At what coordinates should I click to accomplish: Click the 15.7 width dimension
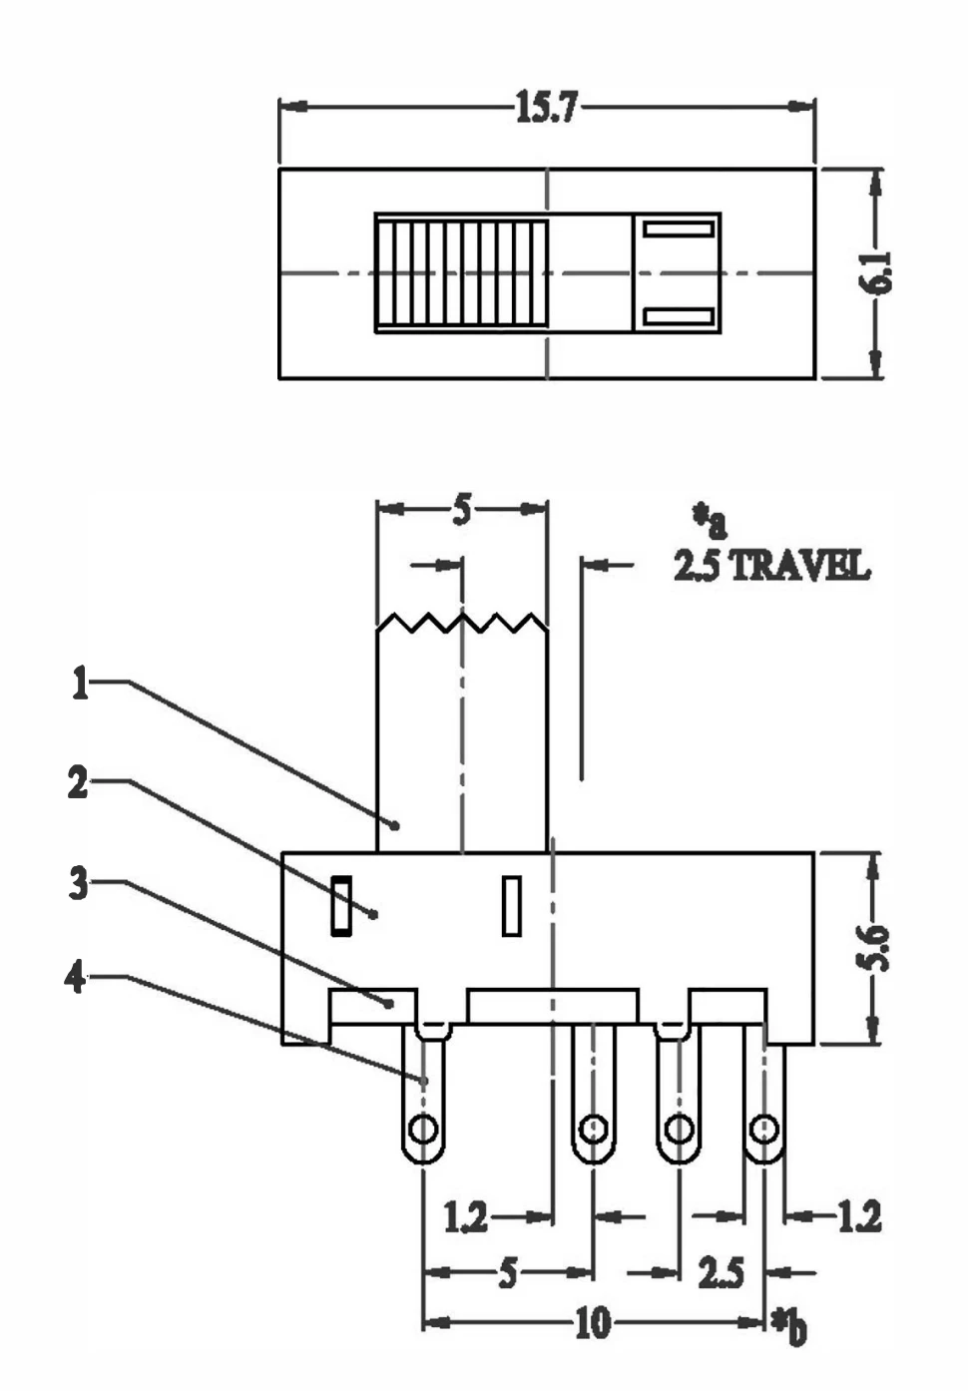coord(546,107)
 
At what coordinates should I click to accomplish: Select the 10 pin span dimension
coord(592,1323)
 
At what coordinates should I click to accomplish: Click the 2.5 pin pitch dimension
coord(721,1273)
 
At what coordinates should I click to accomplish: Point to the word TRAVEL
coord(800,567)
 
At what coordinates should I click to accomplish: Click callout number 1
coord(80,684)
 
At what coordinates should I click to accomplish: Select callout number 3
coord(78,883)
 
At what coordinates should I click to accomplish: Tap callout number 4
coord(76,978)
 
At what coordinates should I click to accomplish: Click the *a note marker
coord(711,520)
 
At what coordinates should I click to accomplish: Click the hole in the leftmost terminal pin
coord(423,1130)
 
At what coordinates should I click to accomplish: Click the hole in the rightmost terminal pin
coord(764,1130)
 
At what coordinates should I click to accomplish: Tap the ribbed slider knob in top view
coord(461,272)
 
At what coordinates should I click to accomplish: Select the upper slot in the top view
coord(678,229)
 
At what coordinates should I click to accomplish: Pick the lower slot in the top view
coord(678,317)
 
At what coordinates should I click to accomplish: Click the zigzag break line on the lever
coord(462,624)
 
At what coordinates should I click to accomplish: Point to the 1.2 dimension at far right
coord(858,1216)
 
